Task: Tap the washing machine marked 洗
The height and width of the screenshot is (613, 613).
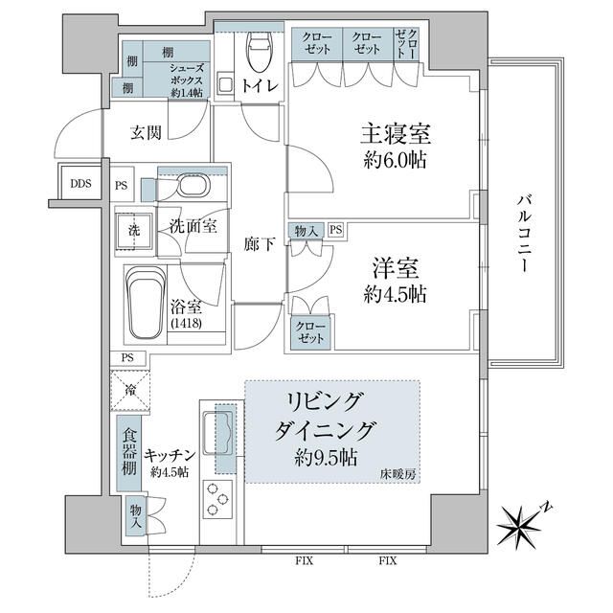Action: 134,231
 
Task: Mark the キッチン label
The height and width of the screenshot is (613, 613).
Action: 171,456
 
